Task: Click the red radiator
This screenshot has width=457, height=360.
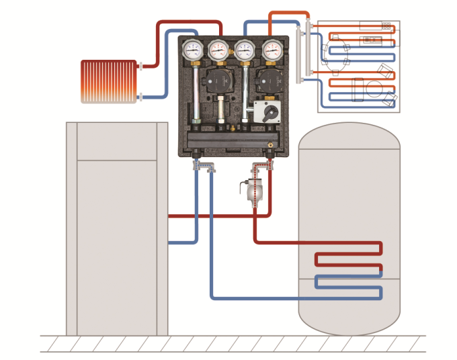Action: tap(108, 81)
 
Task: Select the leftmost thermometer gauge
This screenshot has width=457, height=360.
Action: tap(192, 49)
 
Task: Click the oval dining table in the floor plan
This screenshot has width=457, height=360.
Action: tap(336, 53)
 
